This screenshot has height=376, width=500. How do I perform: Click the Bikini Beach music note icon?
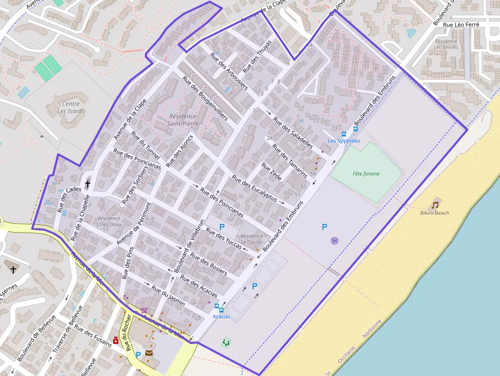point(435,205)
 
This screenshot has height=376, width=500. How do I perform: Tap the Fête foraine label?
point(366,174)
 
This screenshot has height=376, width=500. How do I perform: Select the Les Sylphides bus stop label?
point(343,141)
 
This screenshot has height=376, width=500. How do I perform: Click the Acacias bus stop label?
point(221,316)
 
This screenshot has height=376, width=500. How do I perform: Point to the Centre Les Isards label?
point(71,108)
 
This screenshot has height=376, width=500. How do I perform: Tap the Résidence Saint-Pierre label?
point(182,120)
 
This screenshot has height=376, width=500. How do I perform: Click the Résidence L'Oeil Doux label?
point(109,221)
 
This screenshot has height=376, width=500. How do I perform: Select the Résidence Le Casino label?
point(252,239)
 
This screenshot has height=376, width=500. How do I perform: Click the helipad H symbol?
point(335,241)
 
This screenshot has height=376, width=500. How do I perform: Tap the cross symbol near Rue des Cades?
point(87,184)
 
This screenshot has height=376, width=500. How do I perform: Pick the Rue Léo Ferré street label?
point(462,24)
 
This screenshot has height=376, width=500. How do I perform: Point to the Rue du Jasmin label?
point(168,295)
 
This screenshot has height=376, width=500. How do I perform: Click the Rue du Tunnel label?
point(145,145)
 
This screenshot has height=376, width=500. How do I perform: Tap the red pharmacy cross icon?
point(116,341)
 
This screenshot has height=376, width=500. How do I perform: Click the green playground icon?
point(226,342)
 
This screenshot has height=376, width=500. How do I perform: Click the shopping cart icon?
point(144,310)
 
